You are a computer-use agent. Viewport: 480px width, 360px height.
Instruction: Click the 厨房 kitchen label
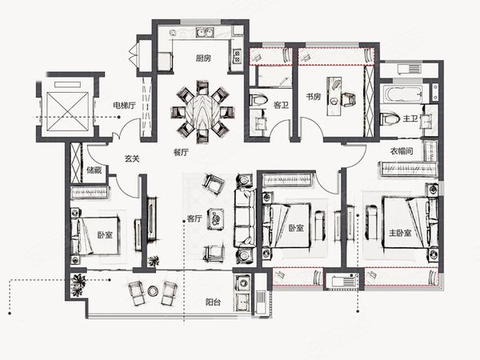click(203, 58)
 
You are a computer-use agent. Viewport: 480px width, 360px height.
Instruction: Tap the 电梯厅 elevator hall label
click(124, 106)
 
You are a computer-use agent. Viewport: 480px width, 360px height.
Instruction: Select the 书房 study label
click(314, 97)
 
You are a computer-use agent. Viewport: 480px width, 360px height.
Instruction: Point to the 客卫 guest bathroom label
click(281, 106)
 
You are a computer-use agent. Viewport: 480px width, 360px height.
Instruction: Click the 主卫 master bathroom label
click(410, 118)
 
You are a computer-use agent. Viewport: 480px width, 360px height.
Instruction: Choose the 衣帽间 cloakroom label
click(402, 151)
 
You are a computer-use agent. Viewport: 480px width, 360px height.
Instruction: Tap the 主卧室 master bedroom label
click(400, 233)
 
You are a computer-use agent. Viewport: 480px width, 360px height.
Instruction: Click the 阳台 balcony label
click(213, 302)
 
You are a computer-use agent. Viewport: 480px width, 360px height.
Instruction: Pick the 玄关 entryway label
click(132, 158)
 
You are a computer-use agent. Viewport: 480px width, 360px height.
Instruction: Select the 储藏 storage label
click(94, 170)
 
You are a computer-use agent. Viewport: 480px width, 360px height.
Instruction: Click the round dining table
click(202, 111)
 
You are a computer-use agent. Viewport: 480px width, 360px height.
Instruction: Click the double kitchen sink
click(205, 33)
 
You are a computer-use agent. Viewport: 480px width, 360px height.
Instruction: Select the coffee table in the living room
click(216, 218)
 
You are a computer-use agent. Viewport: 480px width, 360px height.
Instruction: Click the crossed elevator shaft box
click(68, 111)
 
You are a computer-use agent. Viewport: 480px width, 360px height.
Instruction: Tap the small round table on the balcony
click(153, 290)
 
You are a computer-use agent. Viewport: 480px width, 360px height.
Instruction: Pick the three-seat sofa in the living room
click(244, 218)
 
